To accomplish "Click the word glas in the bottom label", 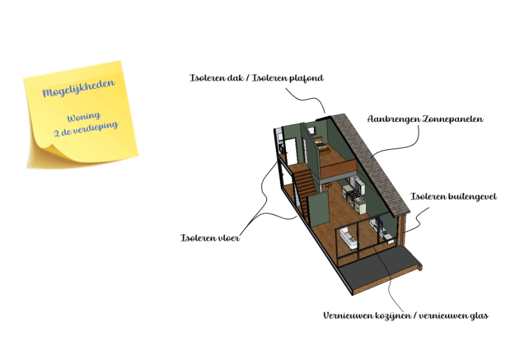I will [x=479, y=315].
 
